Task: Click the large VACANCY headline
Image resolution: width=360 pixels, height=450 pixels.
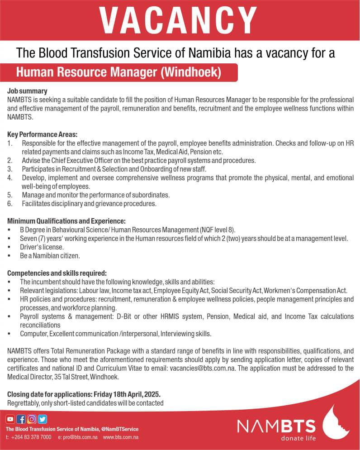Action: [x=177, y=21]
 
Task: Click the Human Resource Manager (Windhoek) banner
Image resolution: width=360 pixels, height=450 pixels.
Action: [x=118, y=72]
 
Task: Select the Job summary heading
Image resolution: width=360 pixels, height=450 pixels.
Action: [x=27, y=91]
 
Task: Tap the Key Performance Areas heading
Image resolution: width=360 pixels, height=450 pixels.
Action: [x=43, y=134]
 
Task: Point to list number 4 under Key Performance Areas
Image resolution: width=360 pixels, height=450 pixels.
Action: [x=10, y=178]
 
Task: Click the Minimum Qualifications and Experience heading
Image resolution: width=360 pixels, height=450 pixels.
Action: [x=66, y=221]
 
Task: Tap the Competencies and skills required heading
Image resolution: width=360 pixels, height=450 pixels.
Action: [x=57, y=273]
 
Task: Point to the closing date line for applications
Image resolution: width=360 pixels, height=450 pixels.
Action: [x=84, y=394]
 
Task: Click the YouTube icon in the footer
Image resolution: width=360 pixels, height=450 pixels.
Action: [x=10, y=419]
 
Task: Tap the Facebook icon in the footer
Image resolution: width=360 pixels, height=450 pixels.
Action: [x=21, y=419]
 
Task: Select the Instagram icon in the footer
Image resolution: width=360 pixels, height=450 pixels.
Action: [x=32, y=419]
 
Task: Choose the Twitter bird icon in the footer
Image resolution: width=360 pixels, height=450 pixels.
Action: [x=43, y=419]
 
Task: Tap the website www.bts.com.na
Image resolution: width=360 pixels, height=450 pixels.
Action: [x=120, y=437]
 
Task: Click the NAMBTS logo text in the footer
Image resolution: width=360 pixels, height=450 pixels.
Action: [x=276, y=426]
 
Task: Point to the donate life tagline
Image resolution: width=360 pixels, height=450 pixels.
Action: [x=298, y=438]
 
